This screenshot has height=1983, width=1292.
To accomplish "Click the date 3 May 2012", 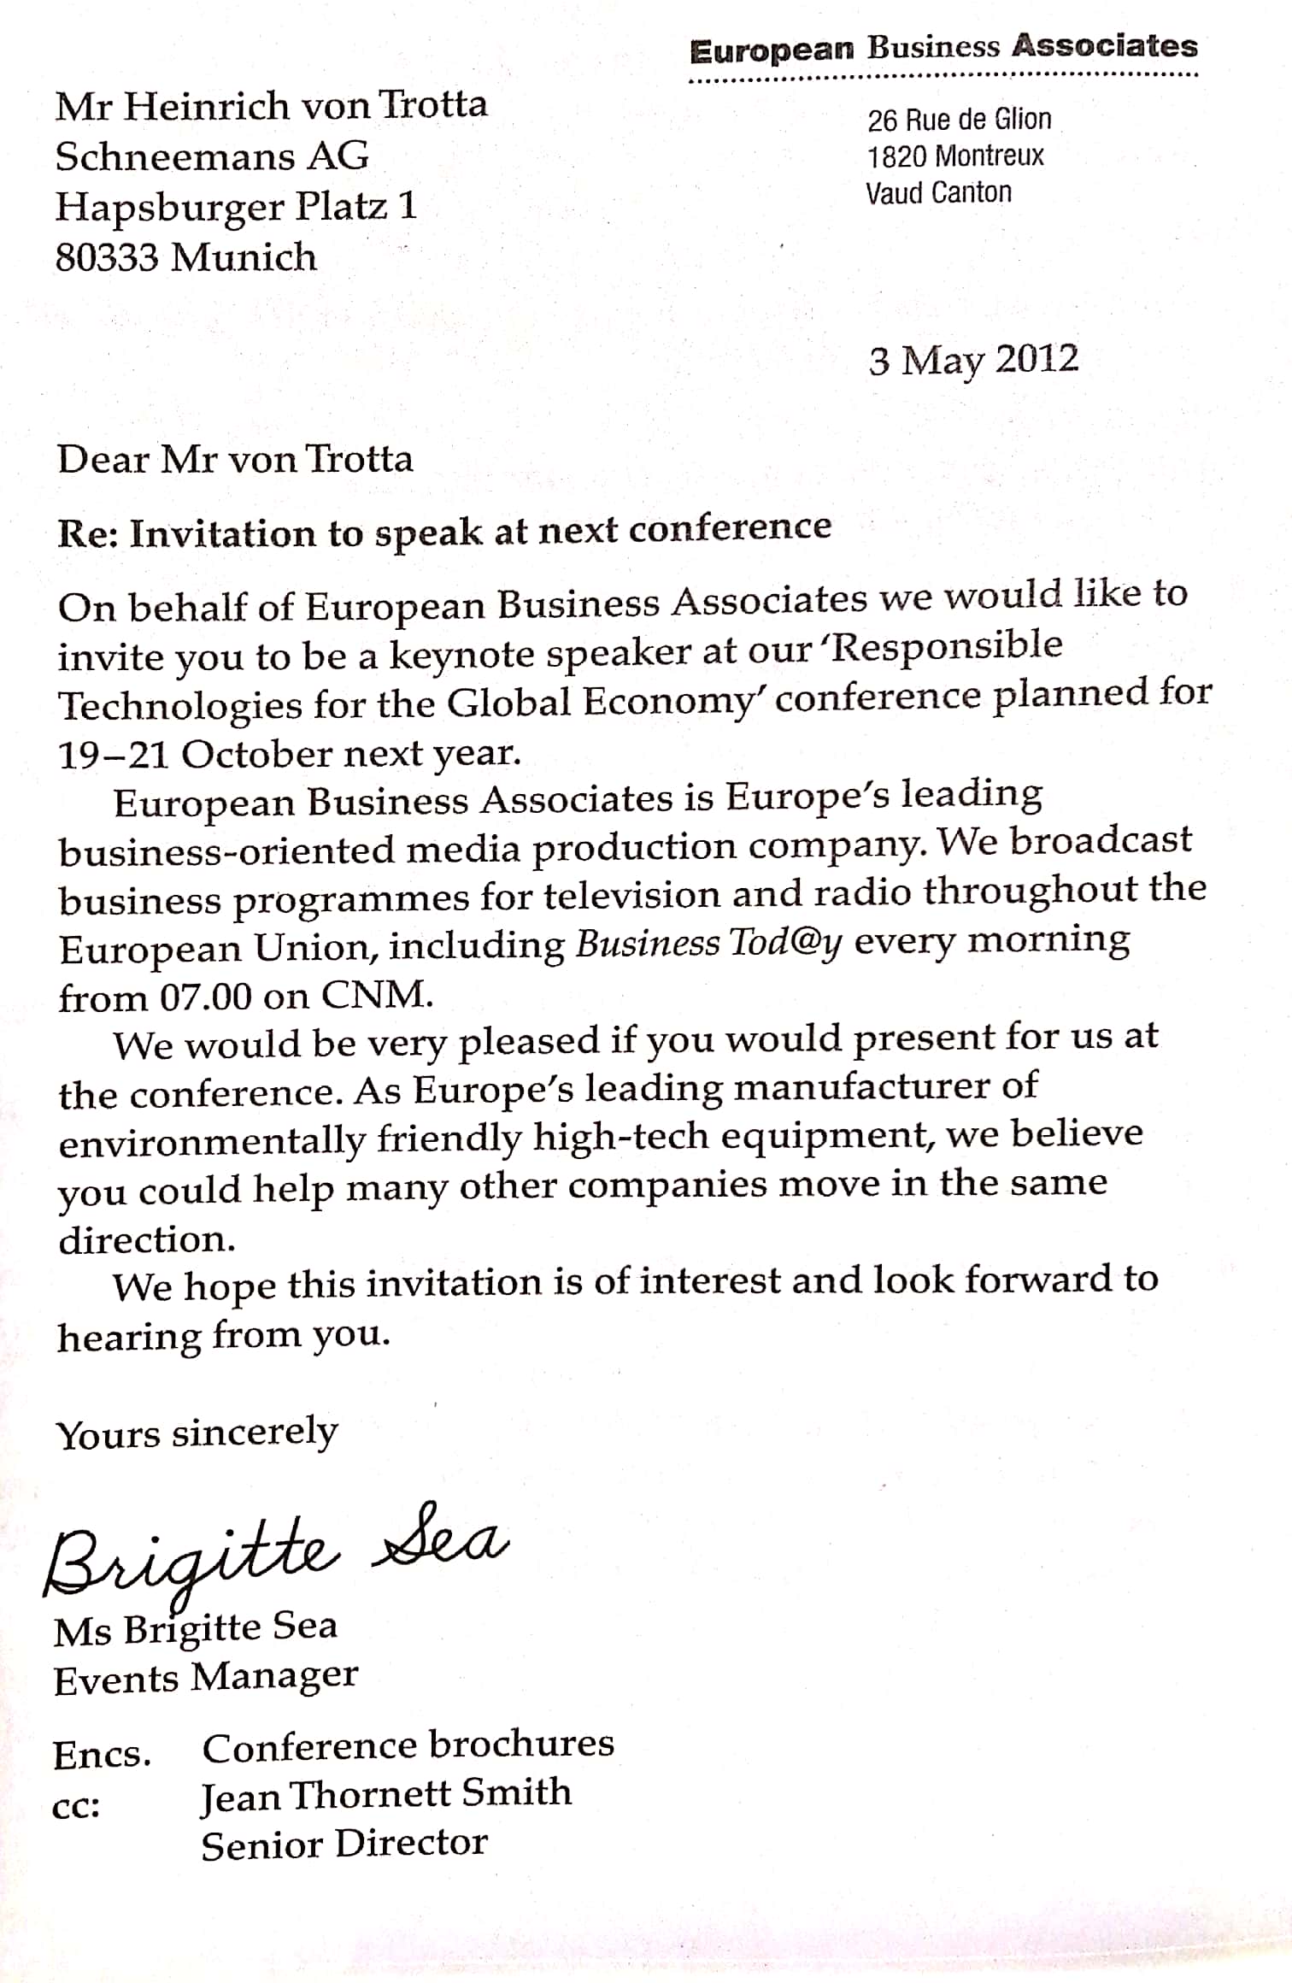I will tap(973, 360).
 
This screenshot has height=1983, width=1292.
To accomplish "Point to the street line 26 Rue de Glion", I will tap(959, 120).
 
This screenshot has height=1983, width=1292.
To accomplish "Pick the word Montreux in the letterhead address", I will tap(989, 156).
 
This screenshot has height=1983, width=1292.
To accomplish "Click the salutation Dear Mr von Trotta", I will tap(235, 459).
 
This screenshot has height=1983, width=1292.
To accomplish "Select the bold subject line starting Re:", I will tap(443, 531).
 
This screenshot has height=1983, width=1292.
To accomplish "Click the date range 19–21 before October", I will tap(113, 755).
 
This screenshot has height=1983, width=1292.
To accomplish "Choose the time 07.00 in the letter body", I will tap(206, 997).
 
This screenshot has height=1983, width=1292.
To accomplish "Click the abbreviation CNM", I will tap(376, 995).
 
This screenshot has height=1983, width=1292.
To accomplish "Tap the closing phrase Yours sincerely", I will tap(197, 1433).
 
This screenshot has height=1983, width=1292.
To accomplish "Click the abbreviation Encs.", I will tap(102, 1755).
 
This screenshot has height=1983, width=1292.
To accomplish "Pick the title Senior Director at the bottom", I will tap(344, 1844).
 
